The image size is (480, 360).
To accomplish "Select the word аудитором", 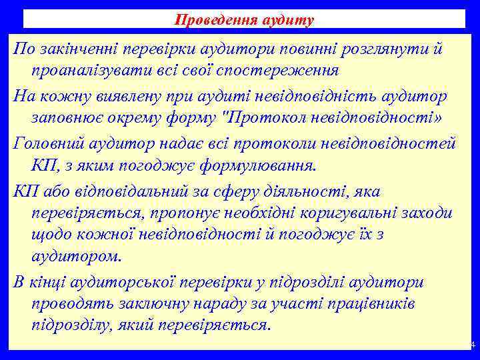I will pos(77,255).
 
